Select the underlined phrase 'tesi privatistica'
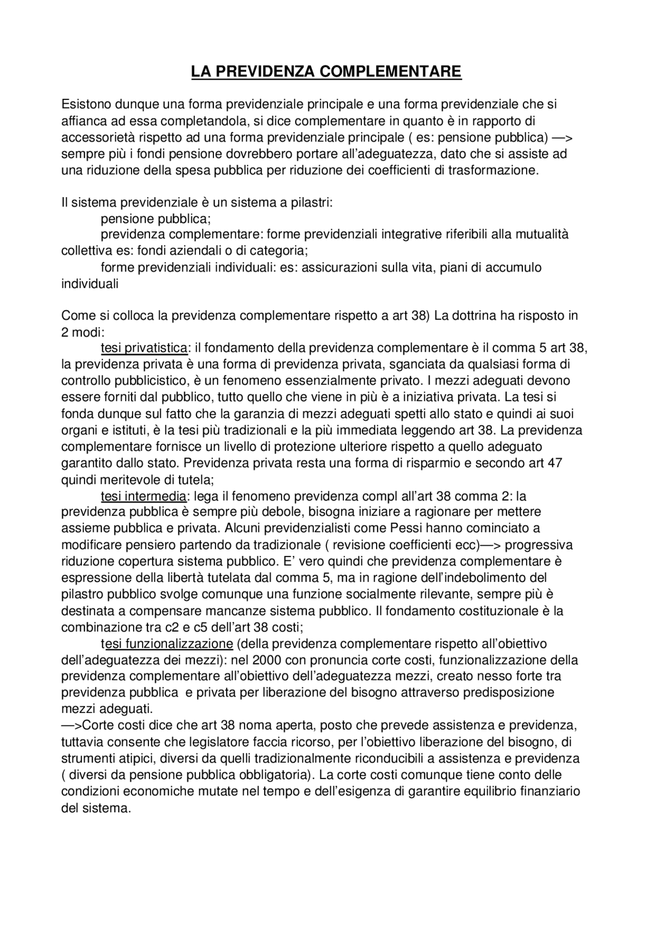[144, 348]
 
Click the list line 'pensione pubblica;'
[156, 219]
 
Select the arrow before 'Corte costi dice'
[72, 726]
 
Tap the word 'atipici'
[142, 759]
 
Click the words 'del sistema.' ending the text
[97, 808]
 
